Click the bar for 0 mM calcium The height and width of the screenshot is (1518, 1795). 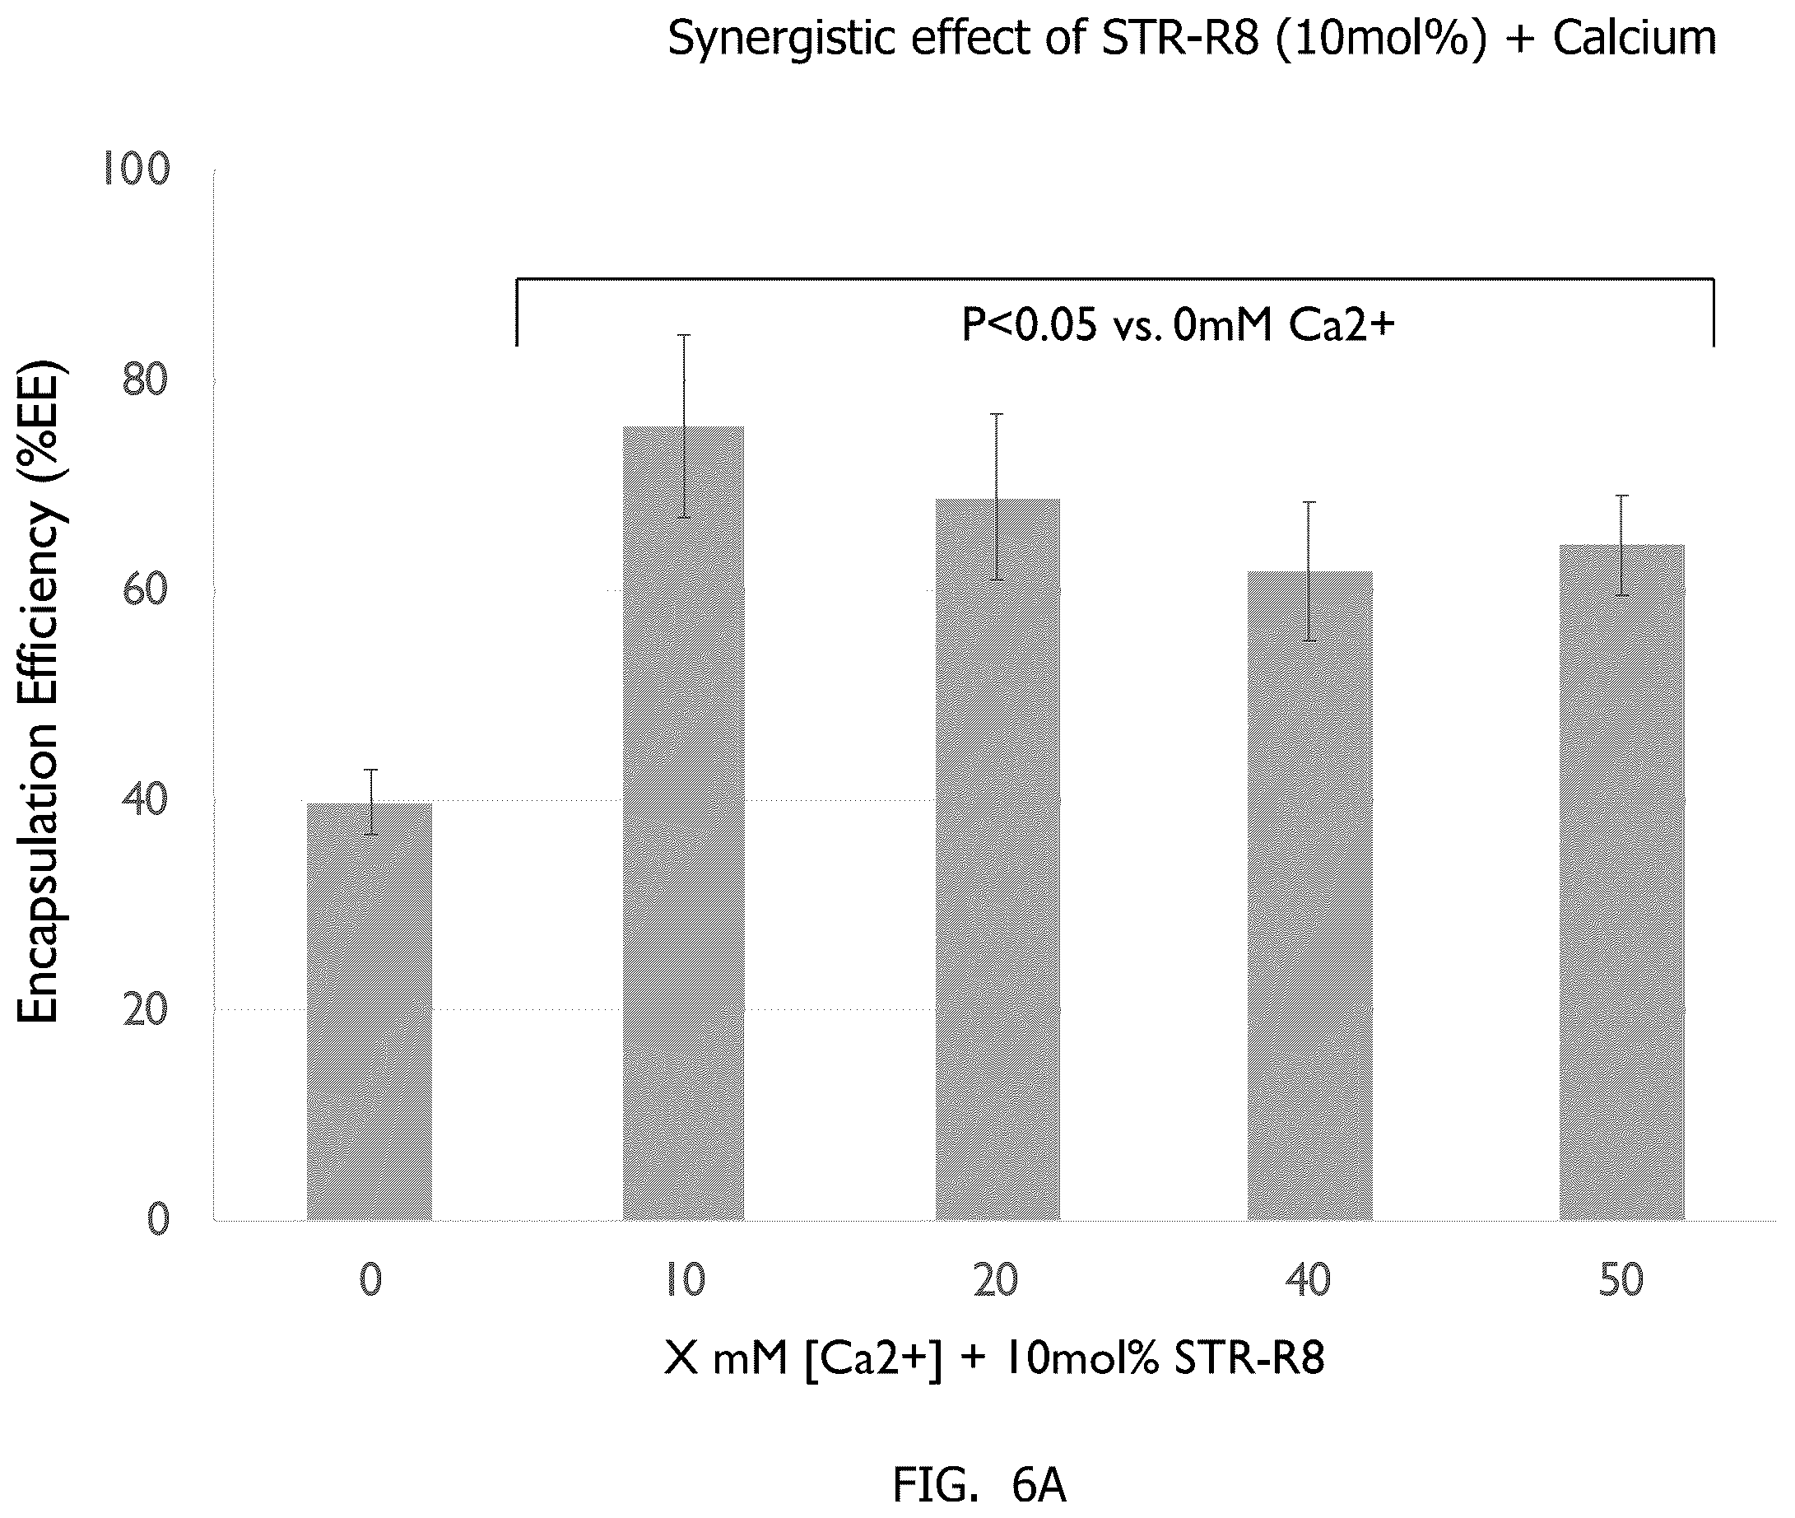pyautogui.click(x=370, y=1011)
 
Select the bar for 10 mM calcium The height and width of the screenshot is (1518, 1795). pyautogui.click(x=683, y=822)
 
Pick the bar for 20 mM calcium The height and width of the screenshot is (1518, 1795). pyautogui.click(x=997, y=859)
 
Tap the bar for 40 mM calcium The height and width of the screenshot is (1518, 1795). pyautogui.click(x=1309, y=895)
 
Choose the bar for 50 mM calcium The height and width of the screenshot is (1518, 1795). pyautogui.click(x=1621, y=882)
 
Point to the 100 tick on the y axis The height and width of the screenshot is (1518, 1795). pyautogui.click(x=136, y=169)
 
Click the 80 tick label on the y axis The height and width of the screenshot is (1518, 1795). pyautogui.click(x=146, y=379)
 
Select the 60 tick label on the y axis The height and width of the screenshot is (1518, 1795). pyautogui.click(x=146, y=589)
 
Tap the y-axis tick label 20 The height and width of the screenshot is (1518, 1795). pyautogui.click(x=146, y=1009)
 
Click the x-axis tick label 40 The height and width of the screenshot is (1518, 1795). pyautogui.click(x=1308, y=1280)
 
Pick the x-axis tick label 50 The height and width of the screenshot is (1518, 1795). pyautogui.click(x=1621, y=1280)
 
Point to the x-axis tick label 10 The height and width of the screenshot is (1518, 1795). pyautogui.click(x=684, y=1280)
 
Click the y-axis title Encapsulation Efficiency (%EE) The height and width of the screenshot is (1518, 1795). pyautogui.click(x=40, y=694)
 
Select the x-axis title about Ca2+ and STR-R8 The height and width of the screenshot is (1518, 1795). pyautogui.click(x=994, y=1359)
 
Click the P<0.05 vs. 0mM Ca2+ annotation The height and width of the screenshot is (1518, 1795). pyautogui.click(x=1177, y=326)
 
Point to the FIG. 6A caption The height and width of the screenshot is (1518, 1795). pyautogui.click(x=979, y=1485)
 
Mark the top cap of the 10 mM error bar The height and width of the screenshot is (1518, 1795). pyautogui.click(x=684, y=335)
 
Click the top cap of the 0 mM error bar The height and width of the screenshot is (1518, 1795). pyautogui.click(x=371, y=770)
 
